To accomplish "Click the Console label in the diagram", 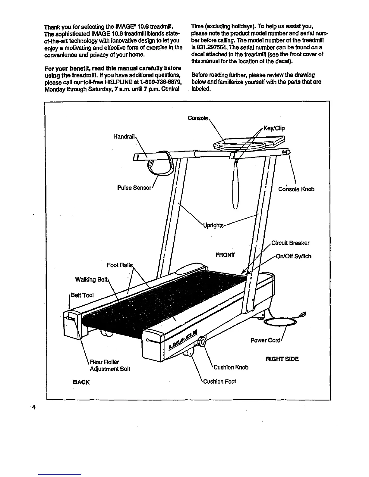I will [x=197, y=118].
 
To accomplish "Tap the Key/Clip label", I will [x=274, y=129].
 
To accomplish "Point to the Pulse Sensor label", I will [x=134, y=188].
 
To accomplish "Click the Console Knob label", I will [x=296, y=189].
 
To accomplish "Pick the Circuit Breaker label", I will [x=290, y=243].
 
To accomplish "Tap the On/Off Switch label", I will [x=294, y=256].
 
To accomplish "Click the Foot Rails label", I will [x=120, y=265].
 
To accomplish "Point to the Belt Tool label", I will [x=82, y=295].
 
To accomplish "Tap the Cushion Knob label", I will [x=231, y=367].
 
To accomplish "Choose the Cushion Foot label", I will [x=219, y=382].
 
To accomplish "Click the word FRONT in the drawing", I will [x=225, y=255].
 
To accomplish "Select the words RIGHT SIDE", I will [x=282, y=359].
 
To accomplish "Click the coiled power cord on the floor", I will [x=280, y=322].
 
